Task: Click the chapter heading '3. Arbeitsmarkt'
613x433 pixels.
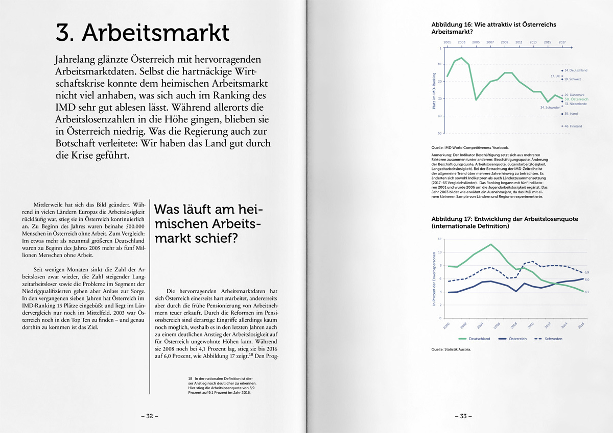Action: pos(143,33)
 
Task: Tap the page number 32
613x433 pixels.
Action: pos(150,416)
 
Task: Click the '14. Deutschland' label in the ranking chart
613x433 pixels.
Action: pos(576,70)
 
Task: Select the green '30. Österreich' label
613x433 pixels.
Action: pos(576,99)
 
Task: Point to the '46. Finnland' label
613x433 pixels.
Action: pos(573,126)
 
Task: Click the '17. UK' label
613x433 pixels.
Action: pos(555,76)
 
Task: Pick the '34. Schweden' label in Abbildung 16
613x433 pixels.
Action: pos(550,108)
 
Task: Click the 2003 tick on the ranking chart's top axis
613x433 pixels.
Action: pos(461,42)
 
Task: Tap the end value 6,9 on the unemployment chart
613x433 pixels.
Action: pos(587,272)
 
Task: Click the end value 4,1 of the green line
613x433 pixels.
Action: pos(587,292)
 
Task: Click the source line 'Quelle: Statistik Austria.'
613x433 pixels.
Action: pos(451,349)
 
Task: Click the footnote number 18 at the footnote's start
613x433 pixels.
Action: pos(190,378)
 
